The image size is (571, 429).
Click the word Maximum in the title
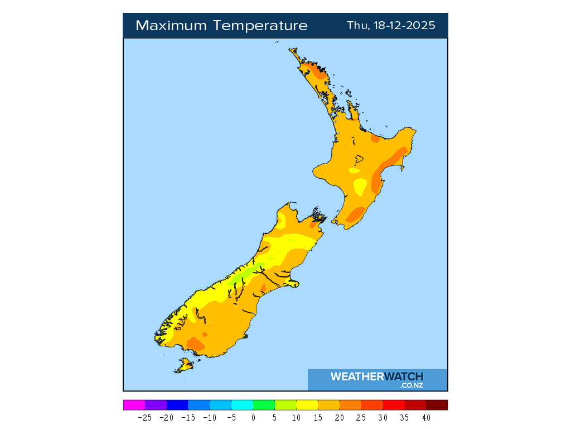(x=168, y=26)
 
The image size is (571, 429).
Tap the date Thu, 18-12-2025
(x=391, y=26)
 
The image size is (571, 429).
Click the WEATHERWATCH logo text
(x=376, y=376)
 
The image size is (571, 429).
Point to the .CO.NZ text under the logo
(x=411, y=385)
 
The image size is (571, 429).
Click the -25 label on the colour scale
(x=144, y=417)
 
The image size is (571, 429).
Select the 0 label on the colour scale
(x=253, y=417)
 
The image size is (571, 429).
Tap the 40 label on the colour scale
(x=426, y=417)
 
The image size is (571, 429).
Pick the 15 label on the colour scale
(x=318, y=417)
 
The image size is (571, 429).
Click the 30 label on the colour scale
(x=383, y=417)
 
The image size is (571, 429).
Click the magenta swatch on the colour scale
(x=134, y=405)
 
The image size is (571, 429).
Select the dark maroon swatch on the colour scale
(x=437, y=405)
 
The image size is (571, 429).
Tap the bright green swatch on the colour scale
(x=264, y=405)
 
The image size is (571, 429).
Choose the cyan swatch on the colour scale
(x=242, y=405)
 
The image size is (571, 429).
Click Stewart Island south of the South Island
(x=184, y=366)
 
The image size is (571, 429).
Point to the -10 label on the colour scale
(x=210, y=417)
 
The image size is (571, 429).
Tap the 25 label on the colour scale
(x=361, y=417)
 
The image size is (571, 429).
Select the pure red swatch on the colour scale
(x=394, y=405)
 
